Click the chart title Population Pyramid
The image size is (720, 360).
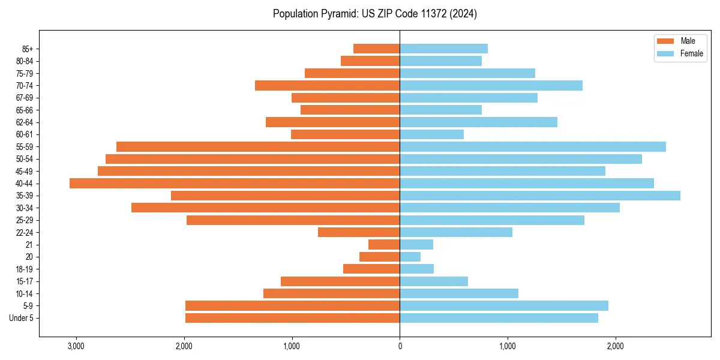coord(374,14)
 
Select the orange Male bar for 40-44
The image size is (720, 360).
coord(235,184)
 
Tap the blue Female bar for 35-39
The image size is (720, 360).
coord(540,196)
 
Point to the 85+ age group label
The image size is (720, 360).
coord(28,49)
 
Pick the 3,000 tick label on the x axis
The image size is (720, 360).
coord(76,346)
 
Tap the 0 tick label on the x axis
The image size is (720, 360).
coord(400,346)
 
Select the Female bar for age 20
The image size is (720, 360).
coord(410,257)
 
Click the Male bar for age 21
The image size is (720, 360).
coord(384,245)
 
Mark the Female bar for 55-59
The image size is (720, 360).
coord(533,147)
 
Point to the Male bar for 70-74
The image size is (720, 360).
coord(327,86)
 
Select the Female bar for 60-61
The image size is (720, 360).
coord(432,134)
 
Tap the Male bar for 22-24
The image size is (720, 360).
coord(359,232)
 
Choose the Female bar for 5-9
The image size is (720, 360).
coord(504,306)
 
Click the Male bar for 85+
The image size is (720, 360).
coord(376,49)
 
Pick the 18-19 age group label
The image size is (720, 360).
coord(25,269)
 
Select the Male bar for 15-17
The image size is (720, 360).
coord(340,281)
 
